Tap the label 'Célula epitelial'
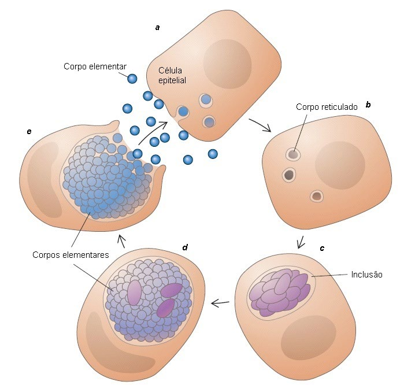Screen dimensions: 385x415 pos(173,75)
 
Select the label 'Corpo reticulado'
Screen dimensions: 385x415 pos(327,107)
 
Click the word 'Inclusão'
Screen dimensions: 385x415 pos(366,274)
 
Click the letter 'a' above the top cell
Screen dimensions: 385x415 pos(157,27)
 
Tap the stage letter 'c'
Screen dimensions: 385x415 pos(322,248)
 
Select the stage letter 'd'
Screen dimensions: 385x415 pos(184,247)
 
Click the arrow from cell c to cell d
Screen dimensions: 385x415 pos(220,302)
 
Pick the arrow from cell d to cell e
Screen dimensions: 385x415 pos(121,238)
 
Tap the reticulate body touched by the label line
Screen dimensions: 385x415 pos(293,154)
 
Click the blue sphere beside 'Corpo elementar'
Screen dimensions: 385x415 pos(132,79)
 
